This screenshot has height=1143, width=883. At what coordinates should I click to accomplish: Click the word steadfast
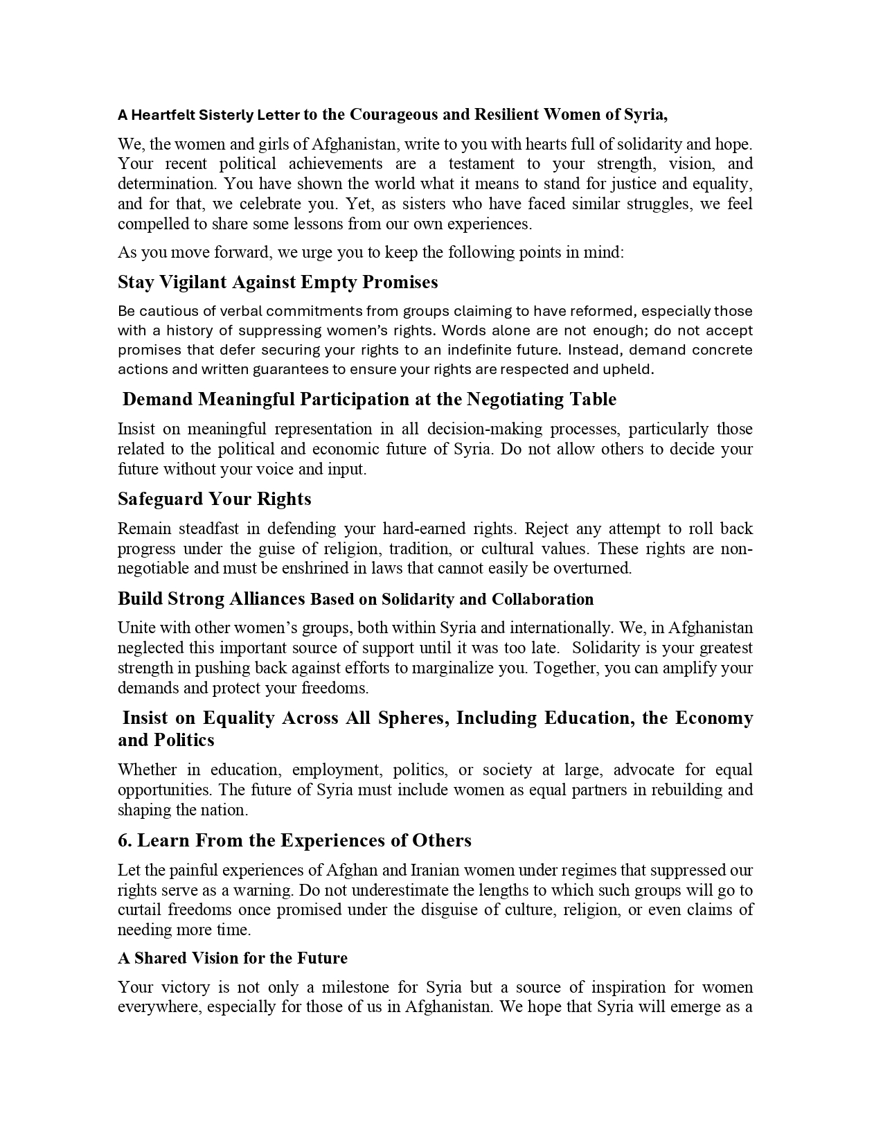pos(208,529)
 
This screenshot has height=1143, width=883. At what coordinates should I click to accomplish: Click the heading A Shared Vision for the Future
pos(233,958)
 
